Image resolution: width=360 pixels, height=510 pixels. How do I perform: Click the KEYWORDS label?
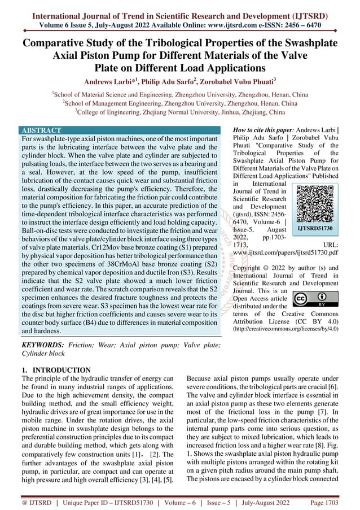tap(42, 345)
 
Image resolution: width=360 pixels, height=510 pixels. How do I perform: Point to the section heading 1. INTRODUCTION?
tap(55, 370)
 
